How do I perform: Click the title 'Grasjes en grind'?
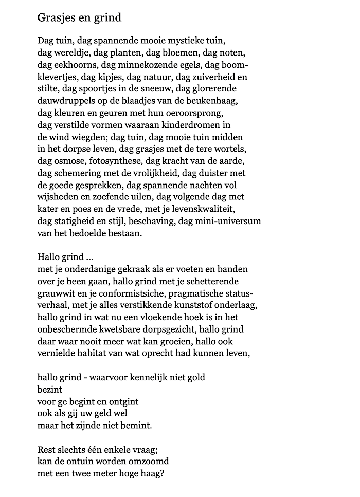pyautogui.click(x=79, y=18)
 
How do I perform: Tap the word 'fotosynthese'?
pyautogui.click(x=105, y=160)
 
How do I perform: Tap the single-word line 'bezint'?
pyautogui.click(x=49, y=390)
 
